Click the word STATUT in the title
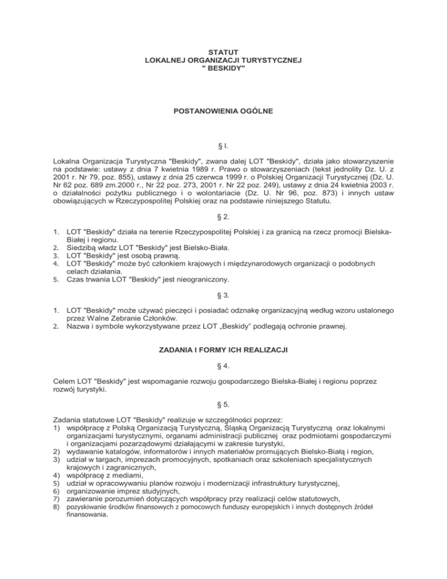(x=223, y=52)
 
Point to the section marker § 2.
(x=223, y=218)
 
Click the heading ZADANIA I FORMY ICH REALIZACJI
(x=223, y=351)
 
